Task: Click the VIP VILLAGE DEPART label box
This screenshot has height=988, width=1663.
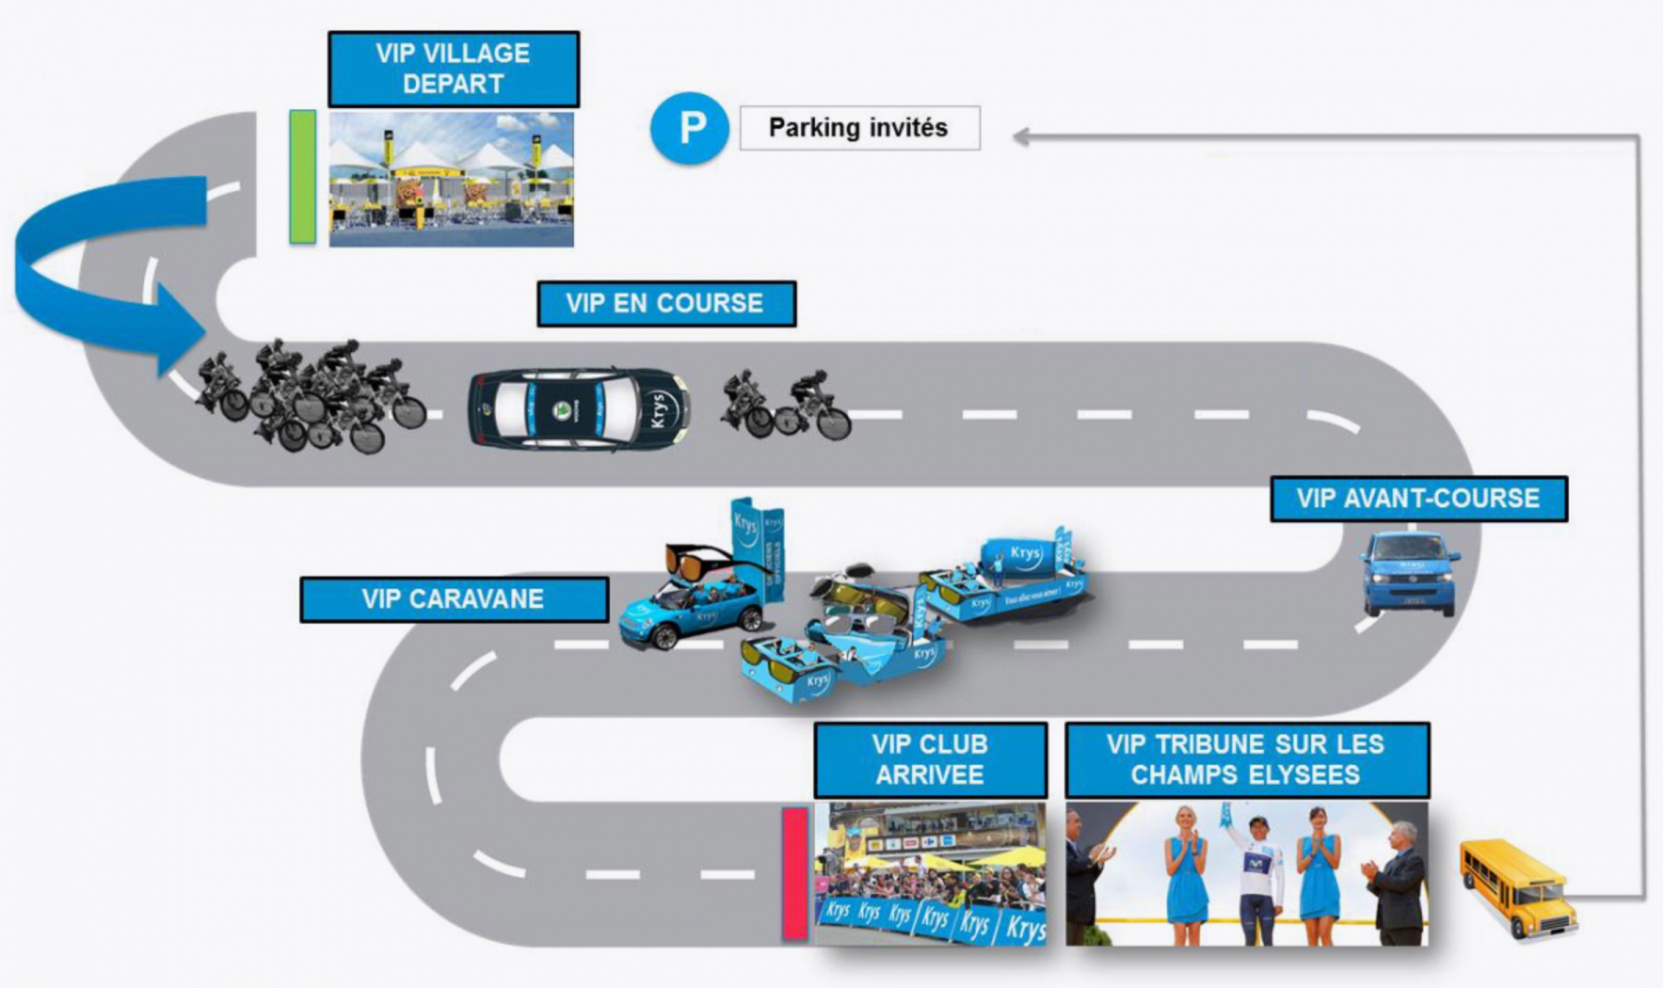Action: [x=453, y=69]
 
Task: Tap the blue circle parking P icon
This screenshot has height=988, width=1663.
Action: [x=689, y=128]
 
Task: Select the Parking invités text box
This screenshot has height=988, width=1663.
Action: [x=858, y=128]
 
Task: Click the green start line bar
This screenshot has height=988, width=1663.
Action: [x=302, y=176]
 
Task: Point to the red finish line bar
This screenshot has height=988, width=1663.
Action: [x=795, y=873]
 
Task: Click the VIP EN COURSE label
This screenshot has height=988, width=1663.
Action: [x=665, y=304]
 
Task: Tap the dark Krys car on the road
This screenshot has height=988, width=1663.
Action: [x=578, y=409]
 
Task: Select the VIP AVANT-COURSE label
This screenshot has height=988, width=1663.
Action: [x=1417, y=499]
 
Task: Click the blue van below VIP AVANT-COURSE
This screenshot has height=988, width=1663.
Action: [x=1409, y=572]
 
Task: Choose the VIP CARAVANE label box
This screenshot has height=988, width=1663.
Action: [x=453, y=599]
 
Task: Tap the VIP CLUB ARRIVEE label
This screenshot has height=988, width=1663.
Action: [x=929, y=760]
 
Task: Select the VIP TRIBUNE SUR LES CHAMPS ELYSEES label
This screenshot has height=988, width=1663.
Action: [x=1246, y=760]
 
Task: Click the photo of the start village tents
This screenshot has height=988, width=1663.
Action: [x=451, y=179]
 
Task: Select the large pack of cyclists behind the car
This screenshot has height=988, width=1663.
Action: [x=310, y=397]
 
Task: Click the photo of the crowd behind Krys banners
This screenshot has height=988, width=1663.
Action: [x=929, y=873]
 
